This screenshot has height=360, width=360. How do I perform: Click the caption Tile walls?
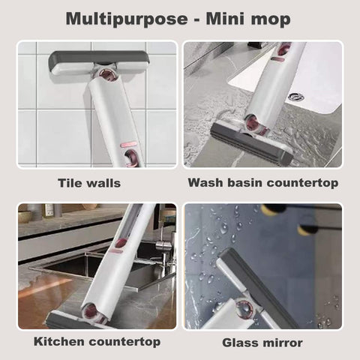point(88,182)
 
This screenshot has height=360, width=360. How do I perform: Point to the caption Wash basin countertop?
point(262,182)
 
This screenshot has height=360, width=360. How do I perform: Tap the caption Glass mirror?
point(262,343)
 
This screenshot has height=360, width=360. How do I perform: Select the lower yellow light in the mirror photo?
point(307,228)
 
